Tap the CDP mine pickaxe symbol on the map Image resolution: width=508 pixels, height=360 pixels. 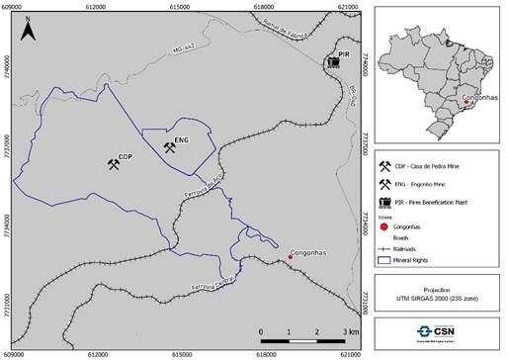click(114, 163)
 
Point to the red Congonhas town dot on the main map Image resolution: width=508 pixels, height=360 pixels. click(290, 256)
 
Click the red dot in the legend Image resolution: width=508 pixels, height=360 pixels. click(384, 226)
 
